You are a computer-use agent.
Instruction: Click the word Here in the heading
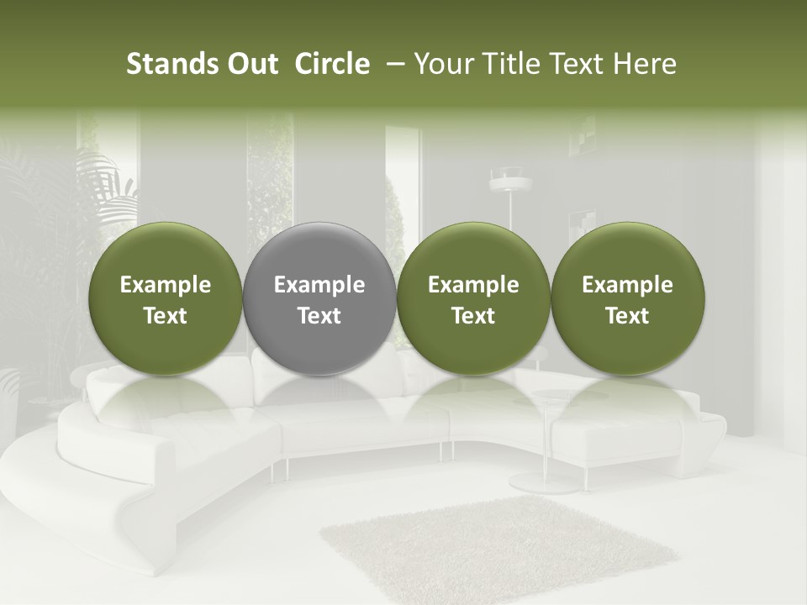pyautogui.click(x=643, y=64)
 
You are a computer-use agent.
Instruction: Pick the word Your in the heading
pyautogui.click(x=443, y=64)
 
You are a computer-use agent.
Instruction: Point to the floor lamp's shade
pyautogui.click(x=509, y=178)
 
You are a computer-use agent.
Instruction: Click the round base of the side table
pyautogui.click(x=544, y=481)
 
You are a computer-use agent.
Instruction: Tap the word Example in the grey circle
pyautogui.click(x=319, y=285)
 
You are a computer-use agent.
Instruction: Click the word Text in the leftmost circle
pyautogui.click(x=165, y=316)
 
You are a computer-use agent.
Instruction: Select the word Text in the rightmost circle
pyautogui.click(x=627, y=316)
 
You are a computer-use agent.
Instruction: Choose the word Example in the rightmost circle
pyautogui.click(x=627, y=285)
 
